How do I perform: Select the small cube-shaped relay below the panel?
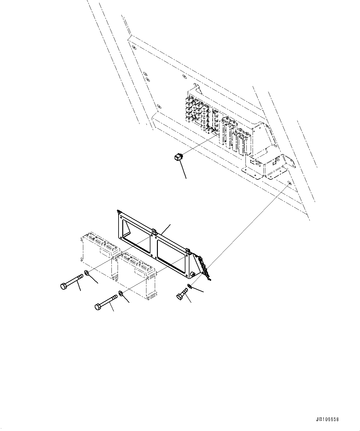177,158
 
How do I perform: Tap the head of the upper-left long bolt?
63,286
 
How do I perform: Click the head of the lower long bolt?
98,307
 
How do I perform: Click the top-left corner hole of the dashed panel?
134,47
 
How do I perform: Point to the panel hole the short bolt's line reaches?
289,183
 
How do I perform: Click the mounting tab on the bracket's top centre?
154,231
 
